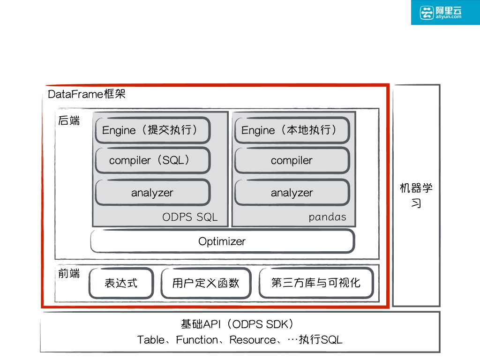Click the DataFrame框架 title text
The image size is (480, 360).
(87, 94)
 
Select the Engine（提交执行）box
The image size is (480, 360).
(152, 130)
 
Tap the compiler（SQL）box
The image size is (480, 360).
(152, 160)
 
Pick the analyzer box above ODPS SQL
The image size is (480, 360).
(152, 193)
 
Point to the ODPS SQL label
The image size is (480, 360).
(190, 217)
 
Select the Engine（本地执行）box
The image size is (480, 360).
(292, 130)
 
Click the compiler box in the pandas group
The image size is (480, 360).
(292, 160)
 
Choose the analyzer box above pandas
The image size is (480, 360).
(292, 193)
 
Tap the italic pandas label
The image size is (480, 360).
(327, 217)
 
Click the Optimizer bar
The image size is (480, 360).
(222, 241)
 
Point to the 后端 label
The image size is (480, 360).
(69, 121)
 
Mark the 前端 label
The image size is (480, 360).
(69, 274)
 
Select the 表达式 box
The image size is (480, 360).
(121, 283)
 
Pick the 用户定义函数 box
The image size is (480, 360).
(206, 283)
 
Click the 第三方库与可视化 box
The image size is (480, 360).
(316, 283)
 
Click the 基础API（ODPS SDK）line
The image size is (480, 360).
(240, 324)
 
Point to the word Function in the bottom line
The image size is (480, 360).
(197, 340)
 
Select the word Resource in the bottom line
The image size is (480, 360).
(253, 340)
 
